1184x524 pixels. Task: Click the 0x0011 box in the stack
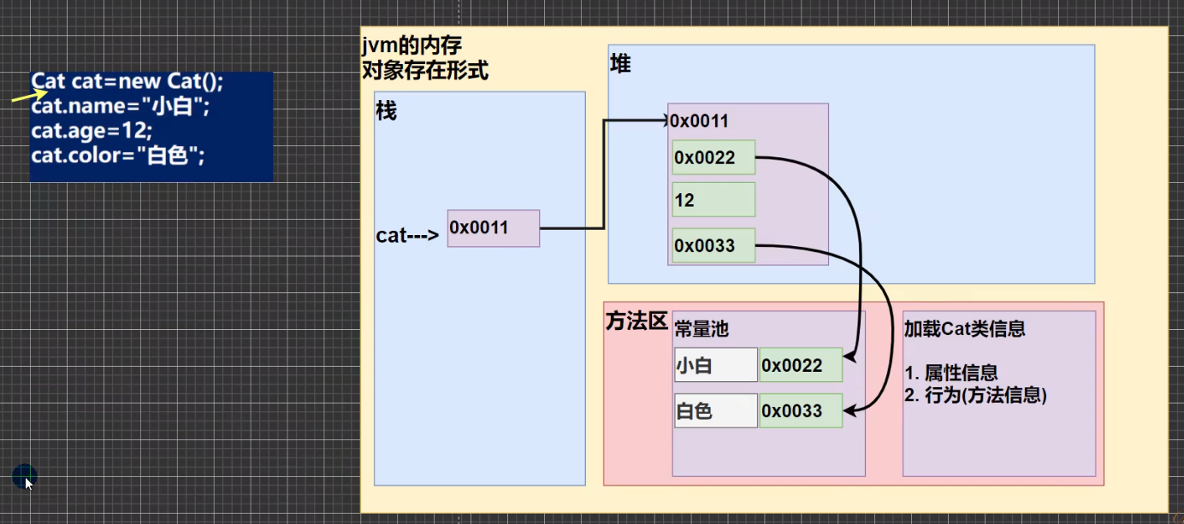coord(493,228)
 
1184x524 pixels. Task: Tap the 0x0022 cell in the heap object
coord(713,157)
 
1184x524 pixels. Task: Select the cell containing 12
coord(713,200)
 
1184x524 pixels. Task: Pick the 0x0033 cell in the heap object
coord(713,246)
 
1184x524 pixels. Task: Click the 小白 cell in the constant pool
coord(715,365)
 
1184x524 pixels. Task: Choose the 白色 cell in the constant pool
coord(715,410)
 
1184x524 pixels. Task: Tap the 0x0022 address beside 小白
coord(800,365)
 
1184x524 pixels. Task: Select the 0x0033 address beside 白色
coord(800,410)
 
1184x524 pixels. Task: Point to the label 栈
coord(387,112)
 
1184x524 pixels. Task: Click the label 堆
coord(620,64)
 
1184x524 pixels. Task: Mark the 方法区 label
coord(636,321)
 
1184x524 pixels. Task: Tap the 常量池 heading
coord(702,329)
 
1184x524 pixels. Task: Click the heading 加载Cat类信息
coord(964,329)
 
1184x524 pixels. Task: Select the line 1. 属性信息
coord(950,374)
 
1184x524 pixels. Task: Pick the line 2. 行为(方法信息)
coord(975,395)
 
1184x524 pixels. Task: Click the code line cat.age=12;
coord(92,131)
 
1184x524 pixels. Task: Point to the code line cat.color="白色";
coord(118,156)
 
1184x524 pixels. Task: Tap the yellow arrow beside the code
coord(28,96)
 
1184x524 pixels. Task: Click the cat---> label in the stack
coord(407,236)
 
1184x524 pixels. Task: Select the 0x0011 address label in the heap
coord(699,121)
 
